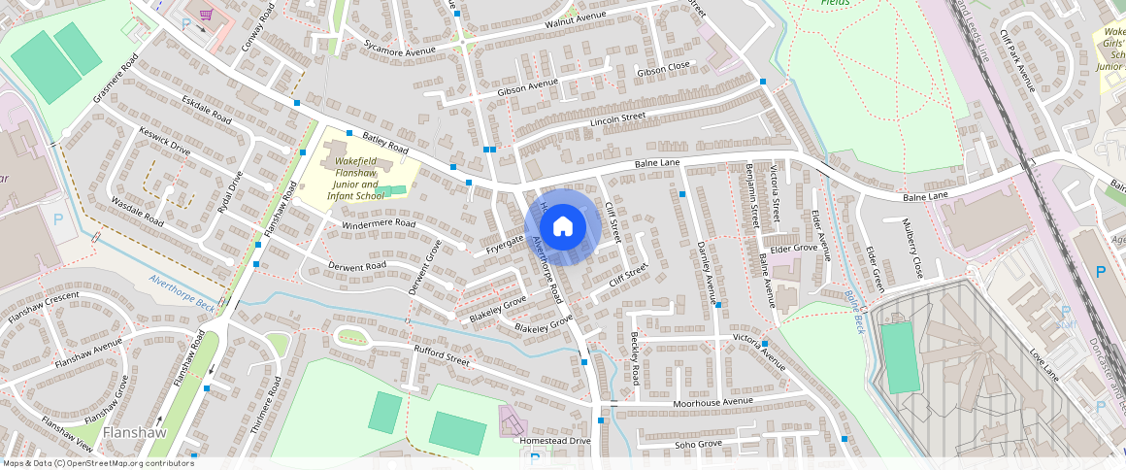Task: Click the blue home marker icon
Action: click(x=562, y=227)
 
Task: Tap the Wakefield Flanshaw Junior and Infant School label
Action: click(x=355, y=178)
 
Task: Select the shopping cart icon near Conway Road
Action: click(x=206, y=15)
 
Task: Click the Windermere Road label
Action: click(x=379, y=224)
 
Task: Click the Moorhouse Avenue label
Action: click(x=712, y=401)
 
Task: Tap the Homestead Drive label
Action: click(x=555, y=441)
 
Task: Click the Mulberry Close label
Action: click(x=912, y=253)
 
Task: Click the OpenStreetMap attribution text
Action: click(x=98, y=463)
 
